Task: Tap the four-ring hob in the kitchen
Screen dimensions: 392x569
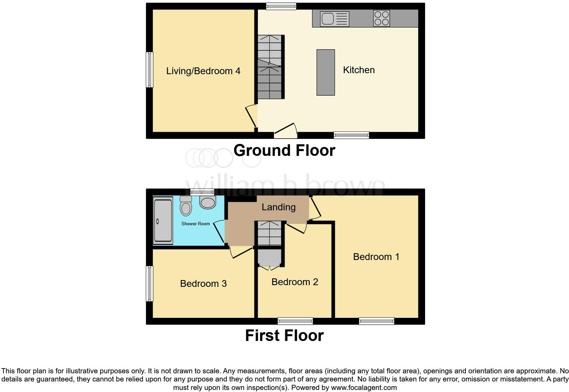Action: [381, 18]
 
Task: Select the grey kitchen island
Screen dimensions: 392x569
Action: [326, 72]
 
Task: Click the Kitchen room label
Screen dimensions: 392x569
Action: [359, 70]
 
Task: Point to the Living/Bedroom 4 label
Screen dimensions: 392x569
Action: [203, 71]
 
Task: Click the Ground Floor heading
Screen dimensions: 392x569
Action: [284, 150]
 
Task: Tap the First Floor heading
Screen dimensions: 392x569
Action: [284, 336]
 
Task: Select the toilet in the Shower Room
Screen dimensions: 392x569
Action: [186, 206]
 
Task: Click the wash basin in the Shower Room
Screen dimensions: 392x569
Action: [208, 202]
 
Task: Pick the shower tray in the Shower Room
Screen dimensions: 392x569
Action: [163, 220]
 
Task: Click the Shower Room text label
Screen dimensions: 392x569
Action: [195, 224]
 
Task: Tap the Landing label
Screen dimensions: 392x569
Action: [278, 207]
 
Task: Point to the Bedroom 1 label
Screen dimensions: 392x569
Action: [376, 257]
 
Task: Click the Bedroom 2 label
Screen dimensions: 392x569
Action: [295, 282]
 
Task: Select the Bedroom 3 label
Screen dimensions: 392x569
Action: [203, 283]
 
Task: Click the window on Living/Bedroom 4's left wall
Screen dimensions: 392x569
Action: [149, 69]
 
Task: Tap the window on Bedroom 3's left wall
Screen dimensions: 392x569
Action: [149, 283]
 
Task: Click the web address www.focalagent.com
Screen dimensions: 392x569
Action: [364, 388]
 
